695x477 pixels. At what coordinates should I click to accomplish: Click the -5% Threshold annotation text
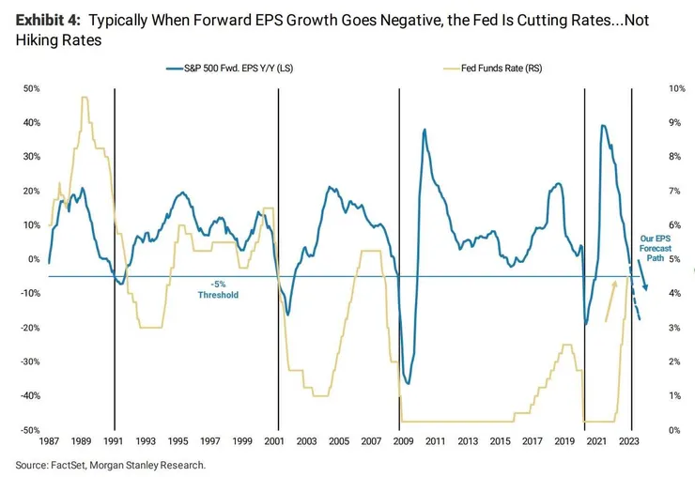(x=218, y=289)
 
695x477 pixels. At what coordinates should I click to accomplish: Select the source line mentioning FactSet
(x=110, y=465)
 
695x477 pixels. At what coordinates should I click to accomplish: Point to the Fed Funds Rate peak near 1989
(x=85, y=98)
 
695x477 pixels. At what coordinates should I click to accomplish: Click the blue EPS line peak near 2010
(x=425, y=130)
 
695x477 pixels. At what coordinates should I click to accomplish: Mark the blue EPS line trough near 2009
(x=408, y=383)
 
